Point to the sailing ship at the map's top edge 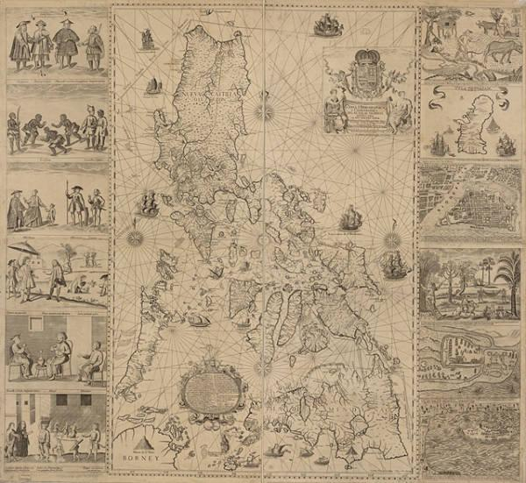326,25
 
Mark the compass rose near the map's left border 136,235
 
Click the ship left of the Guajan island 439,144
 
